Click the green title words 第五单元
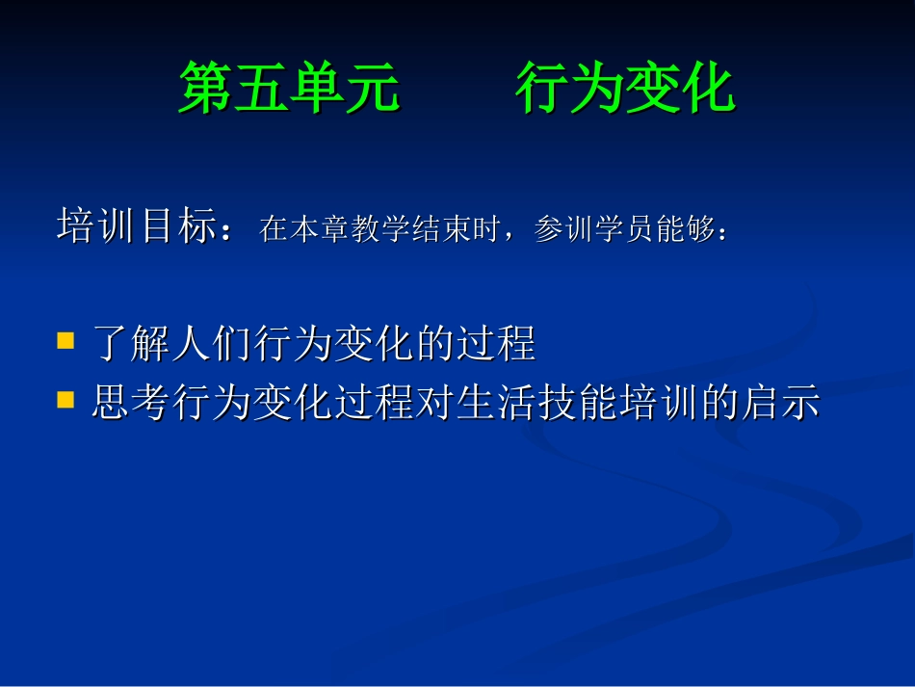pos(289,89)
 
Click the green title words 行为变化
pos(625,89)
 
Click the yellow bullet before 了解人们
pos(65,341)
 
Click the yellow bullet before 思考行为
pos(65,398)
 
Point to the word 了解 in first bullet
pos(131,344)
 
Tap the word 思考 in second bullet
pos(131,402)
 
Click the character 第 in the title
pos(206,89)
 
